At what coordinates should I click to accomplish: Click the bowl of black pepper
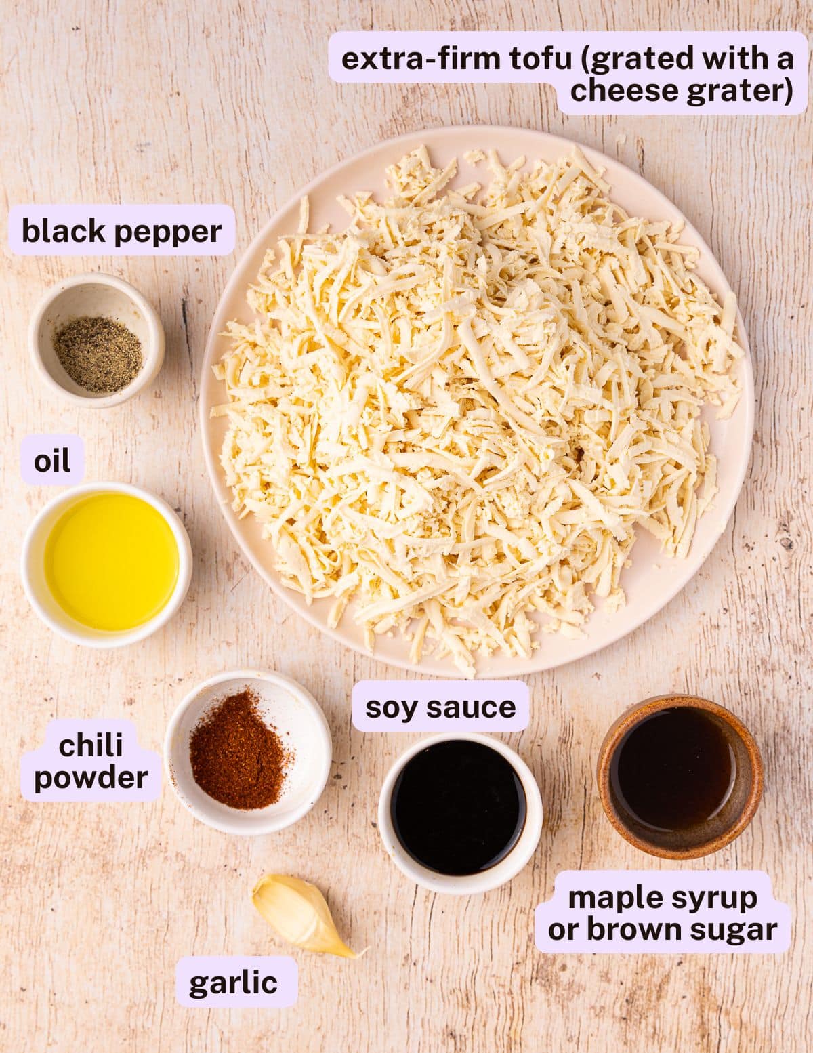point(97,341)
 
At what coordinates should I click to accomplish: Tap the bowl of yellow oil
point(107,564)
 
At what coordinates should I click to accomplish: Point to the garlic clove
point(300,915)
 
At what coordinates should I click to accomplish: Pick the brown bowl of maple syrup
point(680,775)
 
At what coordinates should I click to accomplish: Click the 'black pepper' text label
point(122,231)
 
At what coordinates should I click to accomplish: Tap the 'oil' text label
point(52,461)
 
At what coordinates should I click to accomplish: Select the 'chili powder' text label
point(91,761)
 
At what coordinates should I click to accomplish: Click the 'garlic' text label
point(234,982)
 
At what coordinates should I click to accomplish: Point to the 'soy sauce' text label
point(440,707)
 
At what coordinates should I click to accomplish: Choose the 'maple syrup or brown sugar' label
point(663,913)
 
